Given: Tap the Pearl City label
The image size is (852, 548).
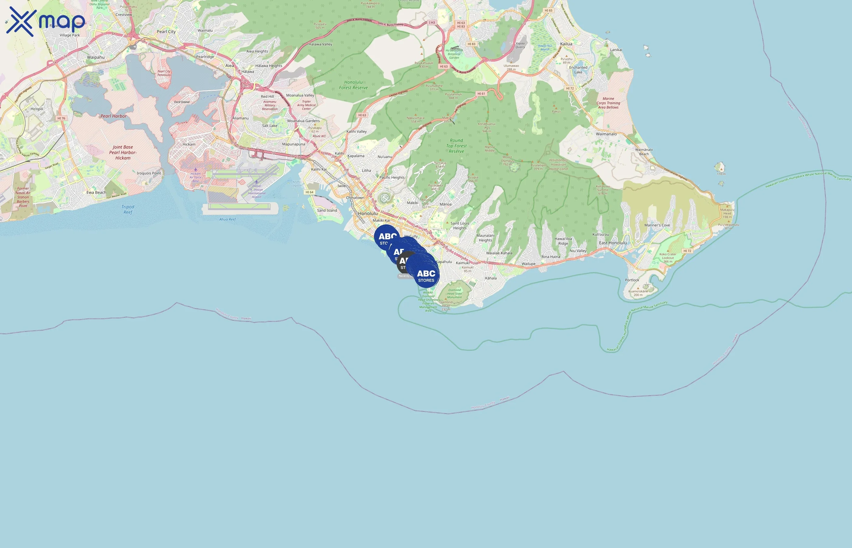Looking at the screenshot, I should [x=166, y=32].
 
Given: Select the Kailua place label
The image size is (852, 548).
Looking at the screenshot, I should [x=566, y=44].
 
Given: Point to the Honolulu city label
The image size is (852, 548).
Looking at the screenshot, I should [x=368, y=213].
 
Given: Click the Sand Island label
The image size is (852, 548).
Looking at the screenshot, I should [x=327, y=211].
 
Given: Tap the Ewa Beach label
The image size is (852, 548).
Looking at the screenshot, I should [x=96, y=192].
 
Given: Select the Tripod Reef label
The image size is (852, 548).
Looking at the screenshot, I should [x=128, y=209].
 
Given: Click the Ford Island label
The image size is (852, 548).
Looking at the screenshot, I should [x=182, y=102].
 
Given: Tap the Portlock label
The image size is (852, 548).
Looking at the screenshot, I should [x=632, y=280].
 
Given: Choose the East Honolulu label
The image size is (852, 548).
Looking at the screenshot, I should [x=613, y=243].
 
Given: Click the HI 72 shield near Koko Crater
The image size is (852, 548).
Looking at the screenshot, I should [x=687, y=251].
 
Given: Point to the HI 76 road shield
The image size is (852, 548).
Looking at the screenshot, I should [x=61, y=118].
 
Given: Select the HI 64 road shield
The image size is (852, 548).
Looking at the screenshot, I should [x=309, y=192].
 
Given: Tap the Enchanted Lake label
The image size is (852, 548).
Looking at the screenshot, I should [x=578, y=70].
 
